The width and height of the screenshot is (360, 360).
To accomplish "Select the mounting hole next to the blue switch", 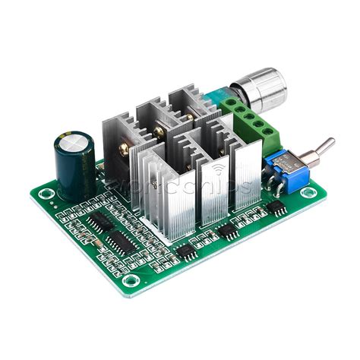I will pyautogui.click(x=307, y=192).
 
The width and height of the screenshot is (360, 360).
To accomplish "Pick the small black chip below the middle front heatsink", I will pyautogui.click(x=225, y=230).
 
